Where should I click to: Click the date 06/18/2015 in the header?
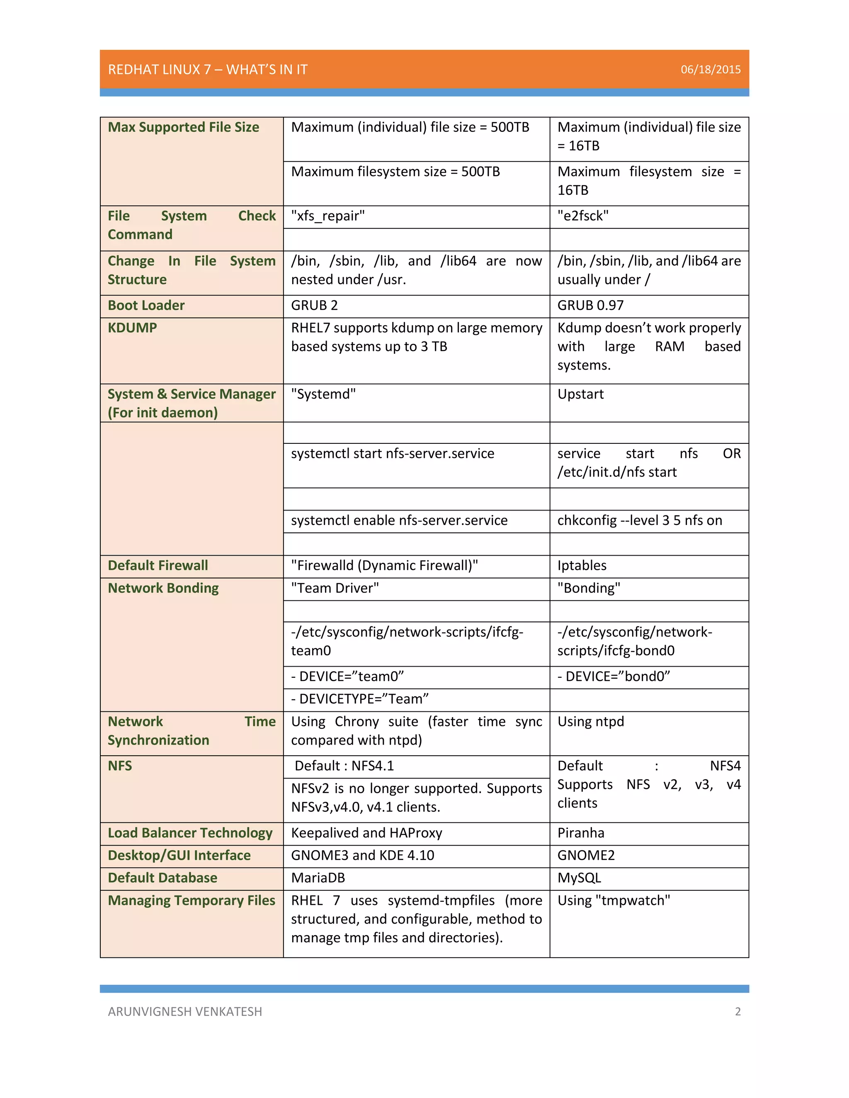710,69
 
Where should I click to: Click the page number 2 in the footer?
737,1011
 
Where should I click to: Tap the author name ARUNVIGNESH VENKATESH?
184,1011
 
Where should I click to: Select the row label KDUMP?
132,328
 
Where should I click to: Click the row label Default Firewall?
158,566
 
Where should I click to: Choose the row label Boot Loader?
146,305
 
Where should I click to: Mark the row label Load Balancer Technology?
190,833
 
